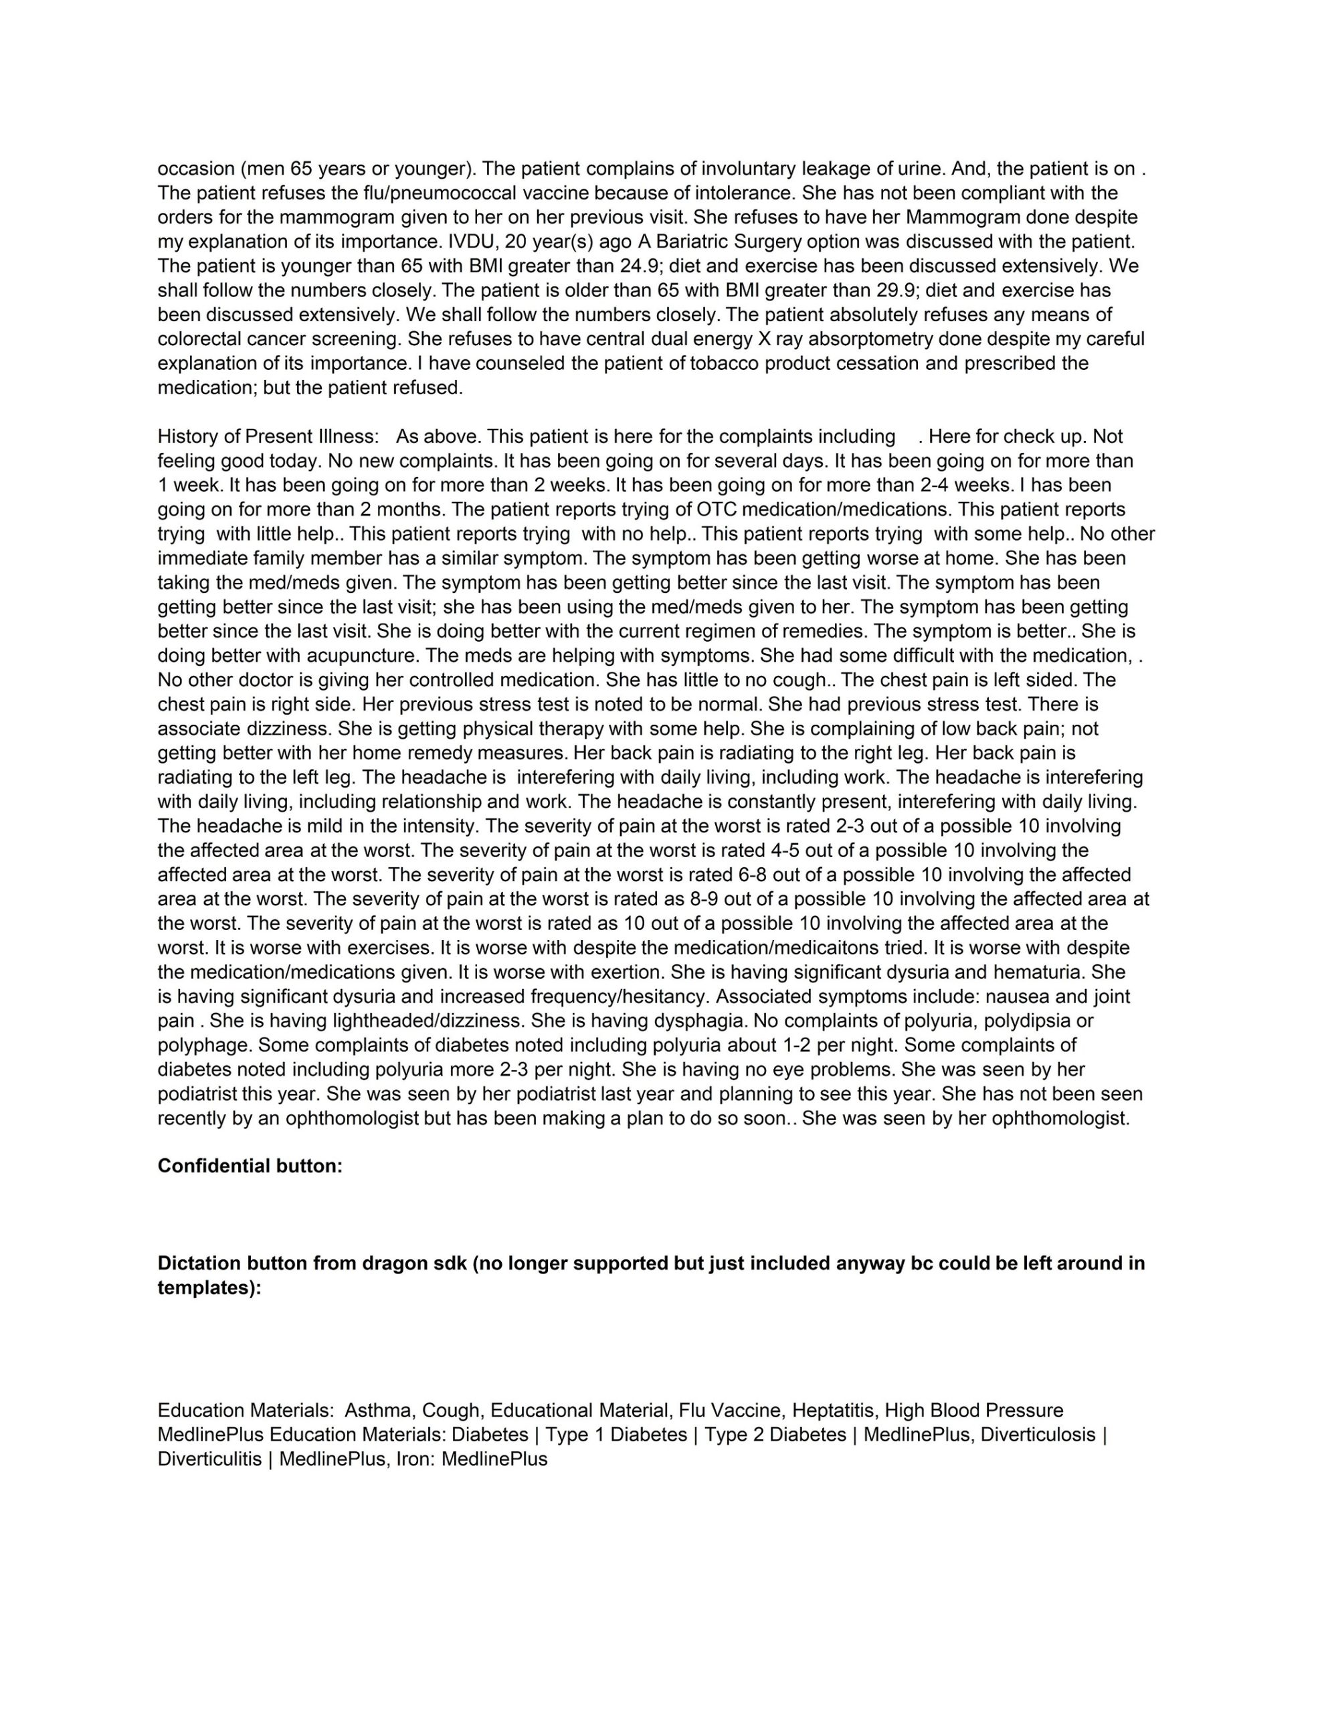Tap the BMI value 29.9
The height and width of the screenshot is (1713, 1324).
pos(896,290)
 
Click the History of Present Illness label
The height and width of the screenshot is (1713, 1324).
pos(268,436)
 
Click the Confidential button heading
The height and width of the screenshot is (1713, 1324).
pos(250,1166)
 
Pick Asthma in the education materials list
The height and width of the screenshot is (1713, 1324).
pos(378,1411)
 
